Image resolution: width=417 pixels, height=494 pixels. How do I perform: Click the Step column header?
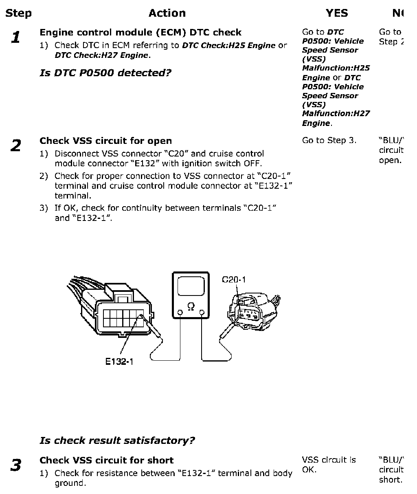pos(18,13)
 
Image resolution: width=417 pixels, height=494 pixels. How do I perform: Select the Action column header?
pos(167,13)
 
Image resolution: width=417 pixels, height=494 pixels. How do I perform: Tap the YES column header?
pos(337,13)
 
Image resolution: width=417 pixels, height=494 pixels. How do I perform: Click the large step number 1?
pos(16,38)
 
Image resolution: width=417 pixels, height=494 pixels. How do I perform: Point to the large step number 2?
pos(16,146)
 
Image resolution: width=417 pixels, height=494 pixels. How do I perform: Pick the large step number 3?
pos(16,465)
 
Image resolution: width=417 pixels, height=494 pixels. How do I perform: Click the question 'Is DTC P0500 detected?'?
pos(105,73)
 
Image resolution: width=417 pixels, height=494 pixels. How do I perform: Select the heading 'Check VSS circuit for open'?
pos(105,141)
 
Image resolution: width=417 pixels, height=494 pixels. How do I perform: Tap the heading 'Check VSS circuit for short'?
pos(106,461)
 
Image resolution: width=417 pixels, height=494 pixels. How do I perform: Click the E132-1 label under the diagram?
pos(119,362)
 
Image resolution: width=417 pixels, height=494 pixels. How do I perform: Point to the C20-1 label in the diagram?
pos(234,280)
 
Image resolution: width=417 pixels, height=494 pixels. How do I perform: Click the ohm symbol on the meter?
pos(191,307)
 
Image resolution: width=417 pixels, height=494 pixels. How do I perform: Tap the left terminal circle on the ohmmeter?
pos(180,313)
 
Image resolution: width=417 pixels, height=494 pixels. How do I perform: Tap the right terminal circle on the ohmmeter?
pos(202,313)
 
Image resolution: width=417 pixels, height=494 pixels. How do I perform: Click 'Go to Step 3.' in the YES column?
pos(329,141)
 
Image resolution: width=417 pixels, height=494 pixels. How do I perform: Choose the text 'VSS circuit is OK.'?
pos(329,465)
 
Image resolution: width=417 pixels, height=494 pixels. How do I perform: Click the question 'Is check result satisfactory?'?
pos(117,441)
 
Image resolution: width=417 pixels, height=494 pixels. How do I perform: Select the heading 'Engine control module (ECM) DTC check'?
pos(140,33)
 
